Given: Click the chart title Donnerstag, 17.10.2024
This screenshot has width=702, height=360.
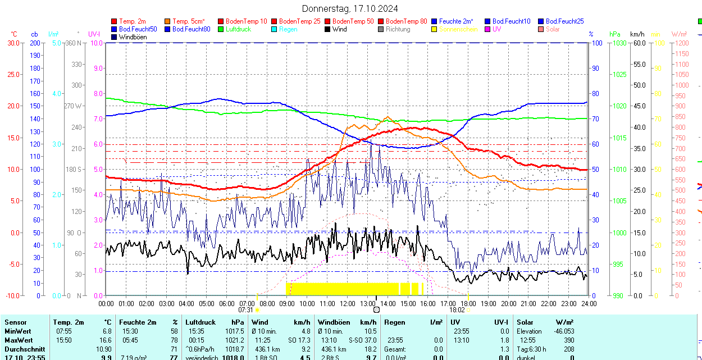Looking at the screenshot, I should (x=350, y=8).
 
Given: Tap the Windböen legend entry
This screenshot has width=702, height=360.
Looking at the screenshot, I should (x=133, y=37).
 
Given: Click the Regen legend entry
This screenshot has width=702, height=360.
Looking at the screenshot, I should (x=288, y=29).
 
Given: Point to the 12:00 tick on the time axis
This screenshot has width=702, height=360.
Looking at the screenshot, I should (x=347, y=303).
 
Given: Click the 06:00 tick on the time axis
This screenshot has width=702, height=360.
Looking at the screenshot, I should (x=226, y=303).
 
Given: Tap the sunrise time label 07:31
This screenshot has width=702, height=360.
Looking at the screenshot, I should (x=246, y=309).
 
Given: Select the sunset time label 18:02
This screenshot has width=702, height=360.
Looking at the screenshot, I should (x=457, y=309).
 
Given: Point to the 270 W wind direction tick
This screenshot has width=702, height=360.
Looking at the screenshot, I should (x=73, y=106).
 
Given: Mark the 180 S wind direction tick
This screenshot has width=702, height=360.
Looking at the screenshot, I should (x=74, y=169).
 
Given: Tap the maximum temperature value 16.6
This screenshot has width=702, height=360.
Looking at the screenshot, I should (x=105, y=340).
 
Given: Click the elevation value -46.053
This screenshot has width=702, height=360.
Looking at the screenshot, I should (x=562, y=331).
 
